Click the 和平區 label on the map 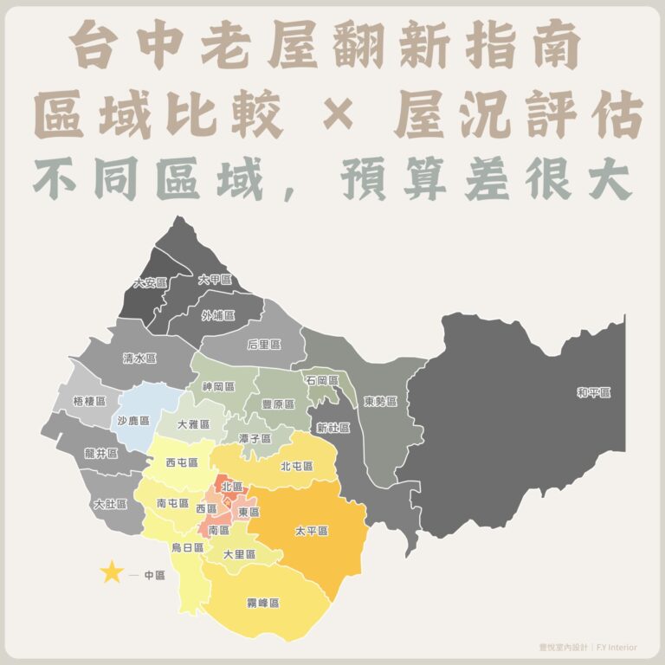pyautogui.click(x=594, y=393)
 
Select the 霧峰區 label pyautogui.click(x=262, y=602)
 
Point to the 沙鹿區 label pyautogui.click(x=133, y=418)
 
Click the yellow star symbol pyautogui.click(x=112, y=572)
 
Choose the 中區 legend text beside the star pyautogui.click(x=153, y=574)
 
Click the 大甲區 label pyautogui.click(x=215, y=280)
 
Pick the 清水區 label pyautogui.click(x=139, y=358)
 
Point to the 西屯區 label pyautogui.click(x=182, y=463)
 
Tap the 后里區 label pyautogui.click(x=264, y=344)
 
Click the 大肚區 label pyautogui.click(x=110, y=503)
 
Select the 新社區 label pyautogui.click(x=332, y=428)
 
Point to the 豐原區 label pyautogui.click(x=278, y=404)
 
